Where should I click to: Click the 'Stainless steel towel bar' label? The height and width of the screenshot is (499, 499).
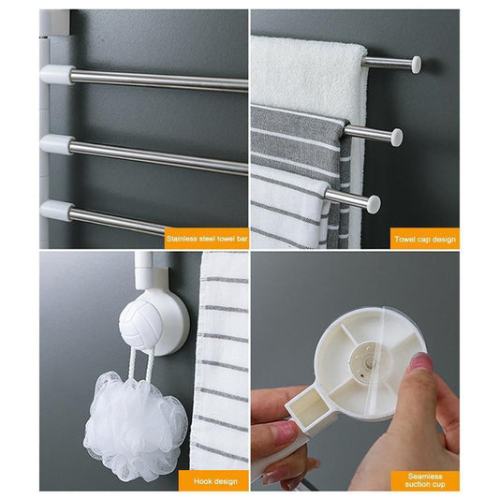[206, 239]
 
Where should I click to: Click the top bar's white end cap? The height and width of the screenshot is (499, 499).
[416, 65]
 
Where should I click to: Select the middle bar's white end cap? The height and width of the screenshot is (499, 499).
[396, 137]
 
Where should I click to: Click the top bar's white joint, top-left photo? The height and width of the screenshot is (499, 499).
[57, 74]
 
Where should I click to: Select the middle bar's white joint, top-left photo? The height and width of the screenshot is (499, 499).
[57, 143]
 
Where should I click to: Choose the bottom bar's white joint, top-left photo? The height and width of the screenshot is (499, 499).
[57, 210]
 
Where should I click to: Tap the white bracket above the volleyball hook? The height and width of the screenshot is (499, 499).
[145, 272]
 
